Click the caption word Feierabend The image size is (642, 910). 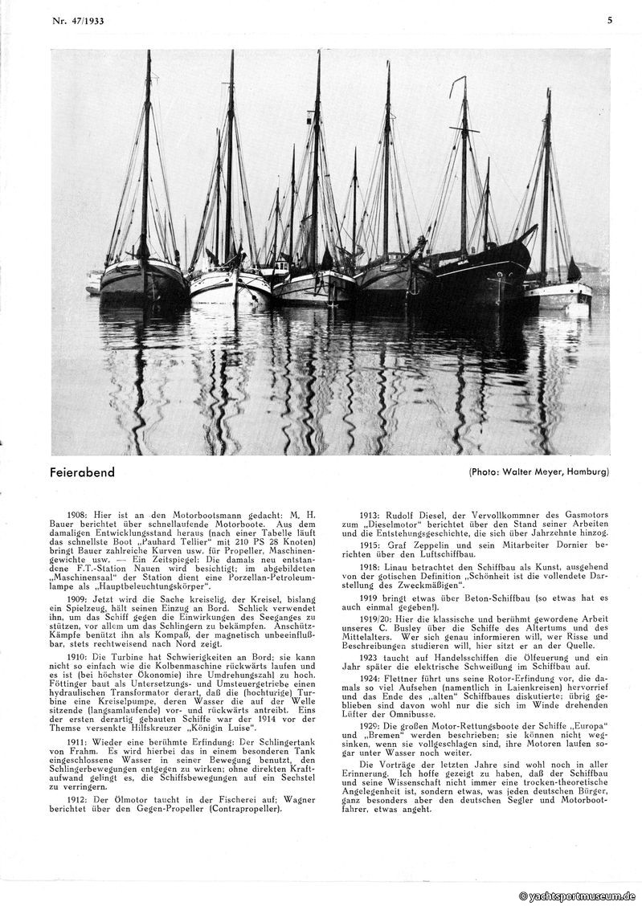click(82, 472)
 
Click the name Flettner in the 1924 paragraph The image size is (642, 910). click(410, 678)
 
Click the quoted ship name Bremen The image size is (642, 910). click(389, 733)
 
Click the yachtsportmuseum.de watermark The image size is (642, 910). click(578, 896)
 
